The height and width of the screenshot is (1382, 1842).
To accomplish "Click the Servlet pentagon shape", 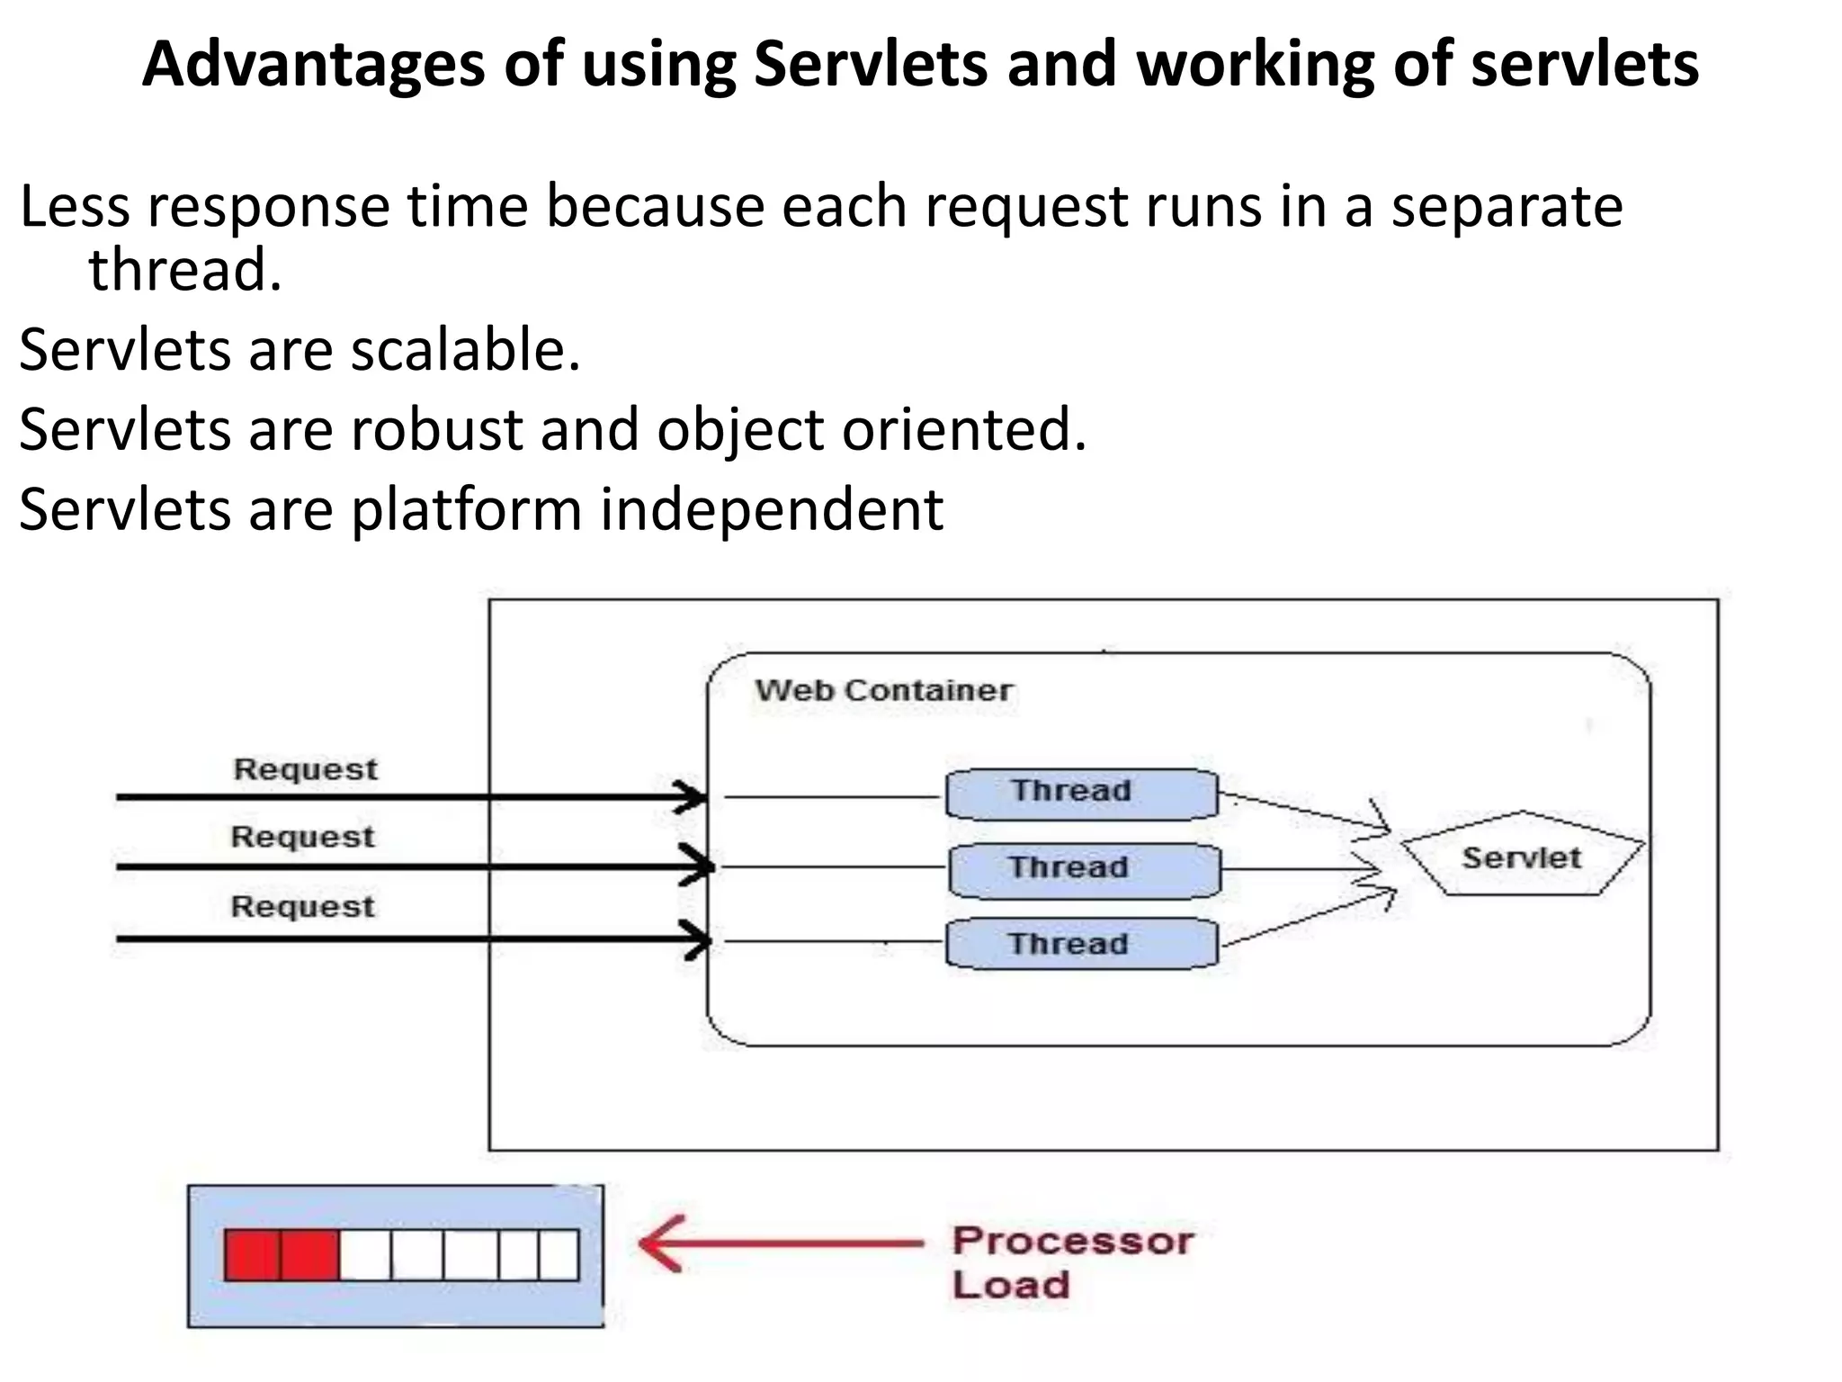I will point(1522,856).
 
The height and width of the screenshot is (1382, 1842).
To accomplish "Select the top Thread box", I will point(1082,793).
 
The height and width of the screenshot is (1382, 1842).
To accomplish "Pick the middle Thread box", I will point(1084,869).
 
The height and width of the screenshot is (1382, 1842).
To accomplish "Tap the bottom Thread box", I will point(1082,944).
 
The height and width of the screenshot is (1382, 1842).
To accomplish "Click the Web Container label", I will point(883,690).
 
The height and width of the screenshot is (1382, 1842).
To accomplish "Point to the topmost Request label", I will point(306,769).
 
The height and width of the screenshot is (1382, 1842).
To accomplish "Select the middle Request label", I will point(303,837).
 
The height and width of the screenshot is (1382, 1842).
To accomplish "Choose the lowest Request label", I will point(303,906).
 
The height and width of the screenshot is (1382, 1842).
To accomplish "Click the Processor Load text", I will point(1072,1262).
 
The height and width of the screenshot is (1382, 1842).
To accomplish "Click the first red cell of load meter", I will point(252,1255).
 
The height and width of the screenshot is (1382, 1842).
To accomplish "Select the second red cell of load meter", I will point(309,1255).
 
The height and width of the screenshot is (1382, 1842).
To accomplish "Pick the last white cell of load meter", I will point(559,1255).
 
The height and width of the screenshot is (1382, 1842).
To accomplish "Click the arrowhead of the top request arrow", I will point(693,797).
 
